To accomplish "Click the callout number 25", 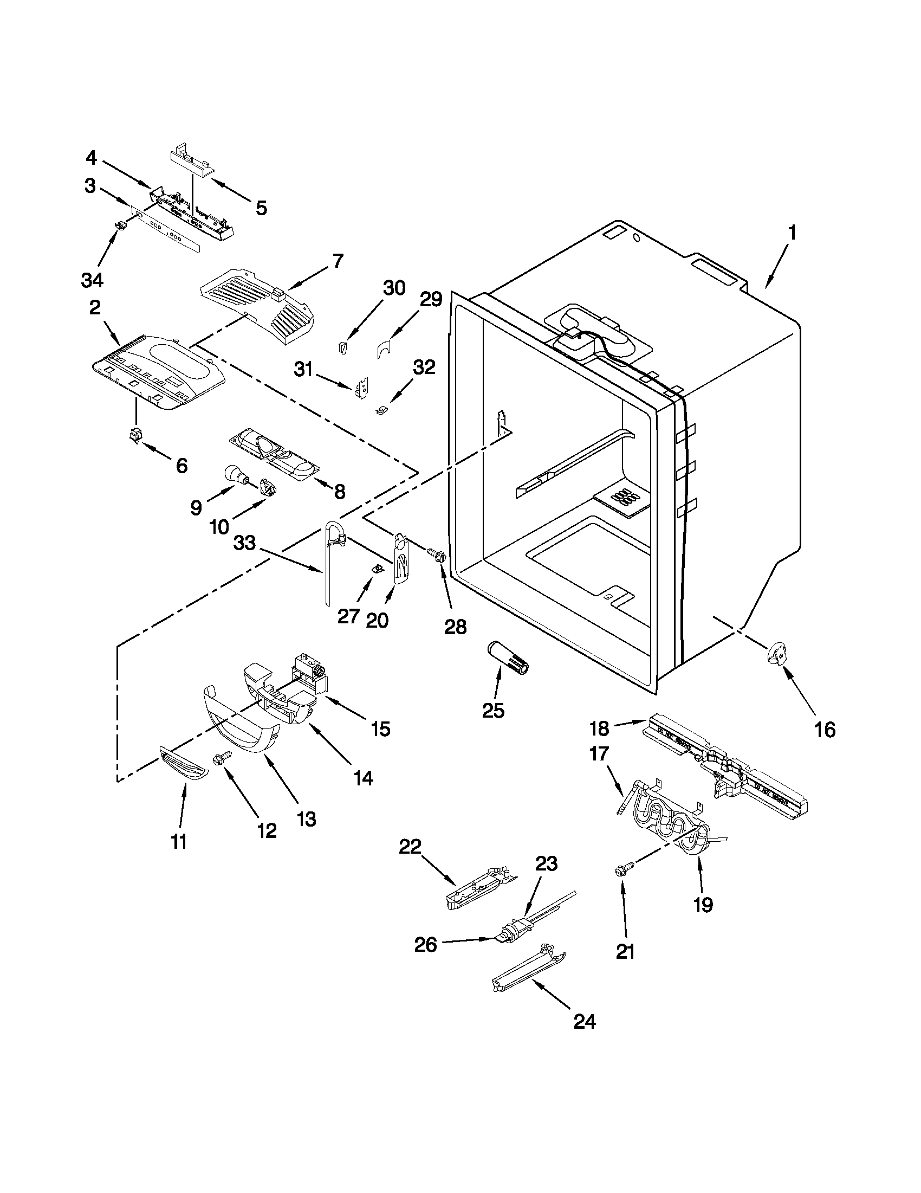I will coord(493,710).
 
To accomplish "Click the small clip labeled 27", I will coord(375,569).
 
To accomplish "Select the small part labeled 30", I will coord(342,347).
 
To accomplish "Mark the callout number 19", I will coord(703,905).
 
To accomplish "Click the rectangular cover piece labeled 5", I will coord(192,163).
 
